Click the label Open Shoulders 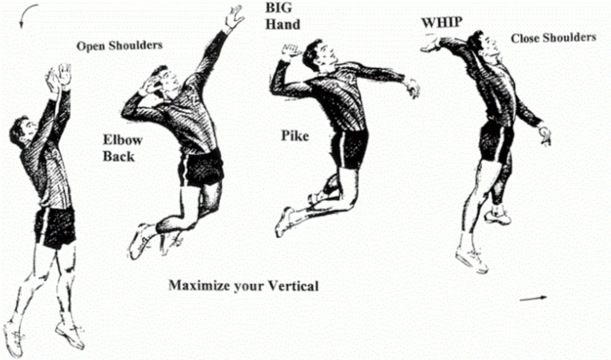(x=119, y=45)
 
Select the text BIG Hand (x=282, y=17)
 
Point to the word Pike (x=295, y=136)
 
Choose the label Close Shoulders (x=553, y=38)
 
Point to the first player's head (x=21, y=131)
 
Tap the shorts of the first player (x=55, y=225)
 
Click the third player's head (x=315, y=55)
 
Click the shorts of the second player (x=200, y=168)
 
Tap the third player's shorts (x=351, y=148)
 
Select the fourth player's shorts (x=495, y=142)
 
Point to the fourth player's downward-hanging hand (x=544, y=135)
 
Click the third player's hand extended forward (x=413, y=87)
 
